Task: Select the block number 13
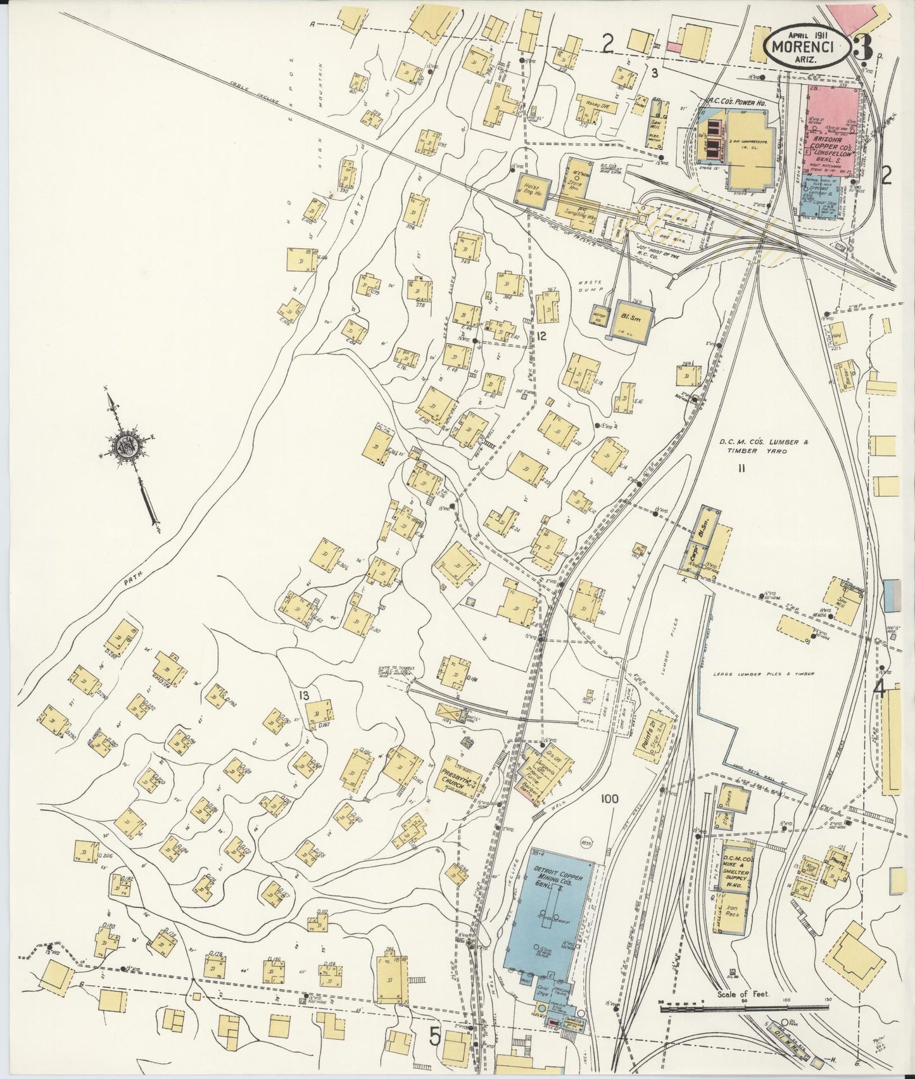pos(305,696)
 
